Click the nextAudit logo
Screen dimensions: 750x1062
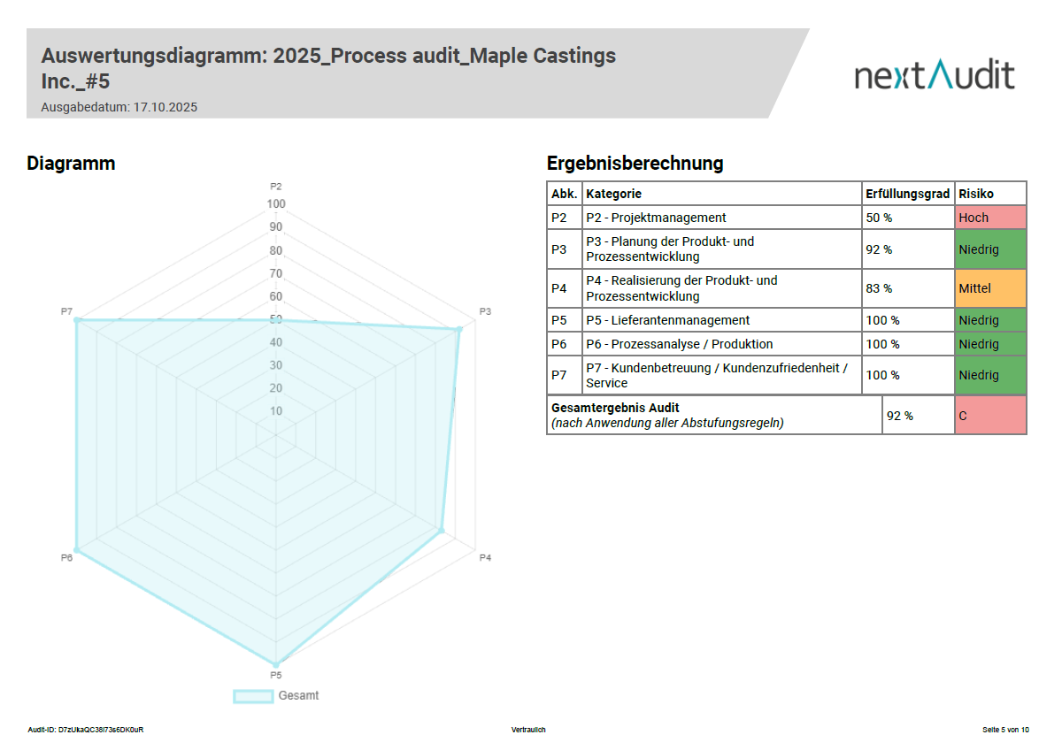click(x=934, y=75)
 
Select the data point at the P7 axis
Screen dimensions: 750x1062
click(x=77, y=320)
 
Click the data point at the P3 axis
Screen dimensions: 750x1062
click(x=458, y=330)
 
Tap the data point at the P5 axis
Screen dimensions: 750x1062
click(x=276, y=663)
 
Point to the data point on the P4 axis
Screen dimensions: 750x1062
click(x=441, y=531)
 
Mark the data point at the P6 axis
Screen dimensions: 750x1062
click(x=77, y=550)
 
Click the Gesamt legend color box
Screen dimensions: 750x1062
click(x=253, y=696)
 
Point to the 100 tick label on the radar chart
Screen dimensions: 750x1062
click(x=276, y=204)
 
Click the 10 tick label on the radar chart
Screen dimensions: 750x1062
click(x=276, y=411)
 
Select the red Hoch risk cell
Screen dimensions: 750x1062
click(x=990, y=218)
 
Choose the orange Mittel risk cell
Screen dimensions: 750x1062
click(x=990, y=288)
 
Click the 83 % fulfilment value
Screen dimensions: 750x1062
click(x=879, y=288)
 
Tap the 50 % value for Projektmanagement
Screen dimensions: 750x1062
click(x=879, y=218)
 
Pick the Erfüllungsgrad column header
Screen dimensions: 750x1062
click(x=907, y=194)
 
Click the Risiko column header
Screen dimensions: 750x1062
click(x=976, y=194)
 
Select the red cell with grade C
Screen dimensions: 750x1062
click(x=990, y=415)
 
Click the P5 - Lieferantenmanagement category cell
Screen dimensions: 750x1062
click(x=667, y=320)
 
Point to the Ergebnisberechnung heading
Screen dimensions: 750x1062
click(x=635, y=164)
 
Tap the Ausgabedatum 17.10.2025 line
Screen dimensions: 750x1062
click(x=119, y=107)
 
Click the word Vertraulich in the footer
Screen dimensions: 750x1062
click(x=528, y=730)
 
